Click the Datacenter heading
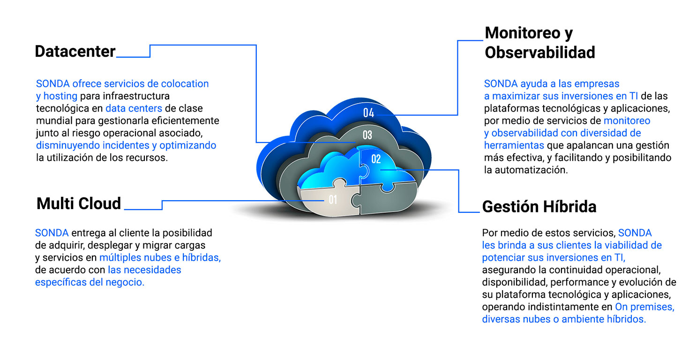75,51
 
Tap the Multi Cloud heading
79,203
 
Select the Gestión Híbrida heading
539,206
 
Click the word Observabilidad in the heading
540,52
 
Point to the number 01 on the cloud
333,200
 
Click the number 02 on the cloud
376,159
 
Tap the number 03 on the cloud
367,135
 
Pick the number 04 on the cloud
368,113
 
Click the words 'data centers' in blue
134,108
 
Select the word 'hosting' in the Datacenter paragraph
60,96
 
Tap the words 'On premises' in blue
645,307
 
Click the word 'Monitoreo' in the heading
523,33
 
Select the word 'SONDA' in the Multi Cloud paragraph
52,233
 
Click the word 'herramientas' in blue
514,145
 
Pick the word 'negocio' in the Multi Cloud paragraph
125,282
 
